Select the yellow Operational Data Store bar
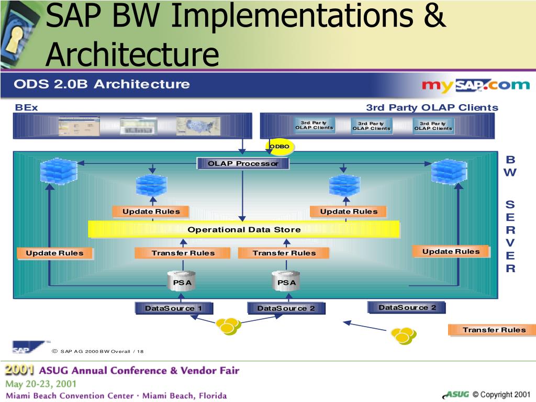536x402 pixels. coord(244,229)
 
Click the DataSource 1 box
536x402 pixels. coord(173,308)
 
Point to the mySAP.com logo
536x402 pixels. coord(475,85)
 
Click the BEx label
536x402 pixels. coord(26,108)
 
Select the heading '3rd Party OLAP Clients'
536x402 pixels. coord(432,108)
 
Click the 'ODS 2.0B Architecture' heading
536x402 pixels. coord(102,84)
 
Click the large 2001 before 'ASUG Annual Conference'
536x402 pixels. coord(19,371)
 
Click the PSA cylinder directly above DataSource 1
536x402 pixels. coord(182,282)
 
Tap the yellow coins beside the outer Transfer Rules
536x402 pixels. coord(404,336)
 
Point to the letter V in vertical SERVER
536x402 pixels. coord(510,243)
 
